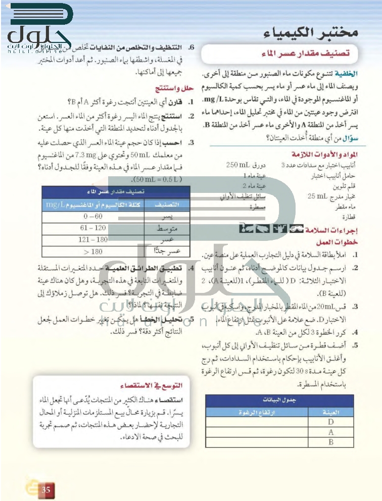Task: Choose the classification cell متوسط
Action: coord(167,228)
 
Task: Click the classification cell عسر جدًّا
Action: coord(167,250)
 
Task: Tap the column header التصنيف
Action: coord(167,205)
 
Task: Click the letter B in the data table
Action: coord(331,442)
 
